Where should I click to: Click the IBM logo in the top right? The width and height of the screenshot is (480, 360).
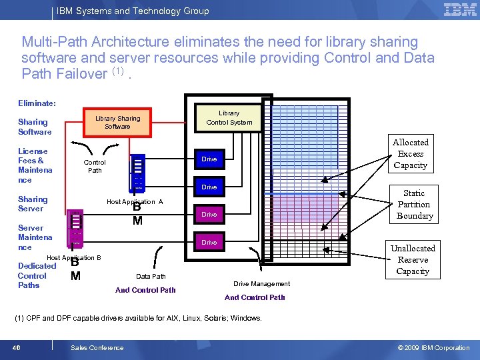(460, 9)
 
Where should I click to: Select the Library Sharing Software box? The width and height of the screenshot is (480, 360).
(117, 122)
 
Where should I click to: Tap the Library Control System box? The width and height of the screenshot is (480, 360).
(229, 117)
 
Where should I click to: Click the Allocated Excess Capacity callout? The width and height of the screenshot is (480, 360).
(411, 154)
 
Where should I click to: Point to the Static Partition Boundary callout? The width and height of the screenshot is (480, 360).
(414, 205)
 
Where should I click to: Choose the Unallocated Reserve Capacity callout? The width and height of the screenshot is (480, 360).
(413, 260)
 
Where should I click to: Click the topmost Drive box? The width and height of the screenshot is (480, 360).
(209, 159)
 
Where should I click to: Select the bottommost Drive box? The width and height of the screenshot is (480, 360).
(209, 243)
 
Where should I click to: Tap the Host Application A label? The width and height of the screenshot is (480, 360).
(135, 202)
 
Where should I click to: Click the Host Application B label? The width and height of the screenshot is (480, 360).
(73, 258)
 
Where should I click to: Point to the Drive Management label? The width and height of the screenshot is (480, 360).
(261, 284)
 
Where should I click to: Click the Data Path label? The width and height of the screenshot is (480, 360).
(151, 276)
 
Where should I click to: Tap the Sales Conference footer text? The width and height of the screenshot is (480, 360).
(97, 347)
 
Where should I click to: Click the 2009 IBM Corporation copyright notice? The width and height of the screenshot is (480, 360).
(433, 347)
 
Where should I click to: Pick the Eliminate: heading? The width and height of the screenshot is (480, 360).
(37, 103)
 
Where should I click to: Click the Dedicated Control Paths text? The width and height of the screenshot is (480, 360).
(37, 275)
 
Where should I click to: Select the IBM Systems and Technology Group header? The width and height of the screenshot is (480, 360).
(133, 11)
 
